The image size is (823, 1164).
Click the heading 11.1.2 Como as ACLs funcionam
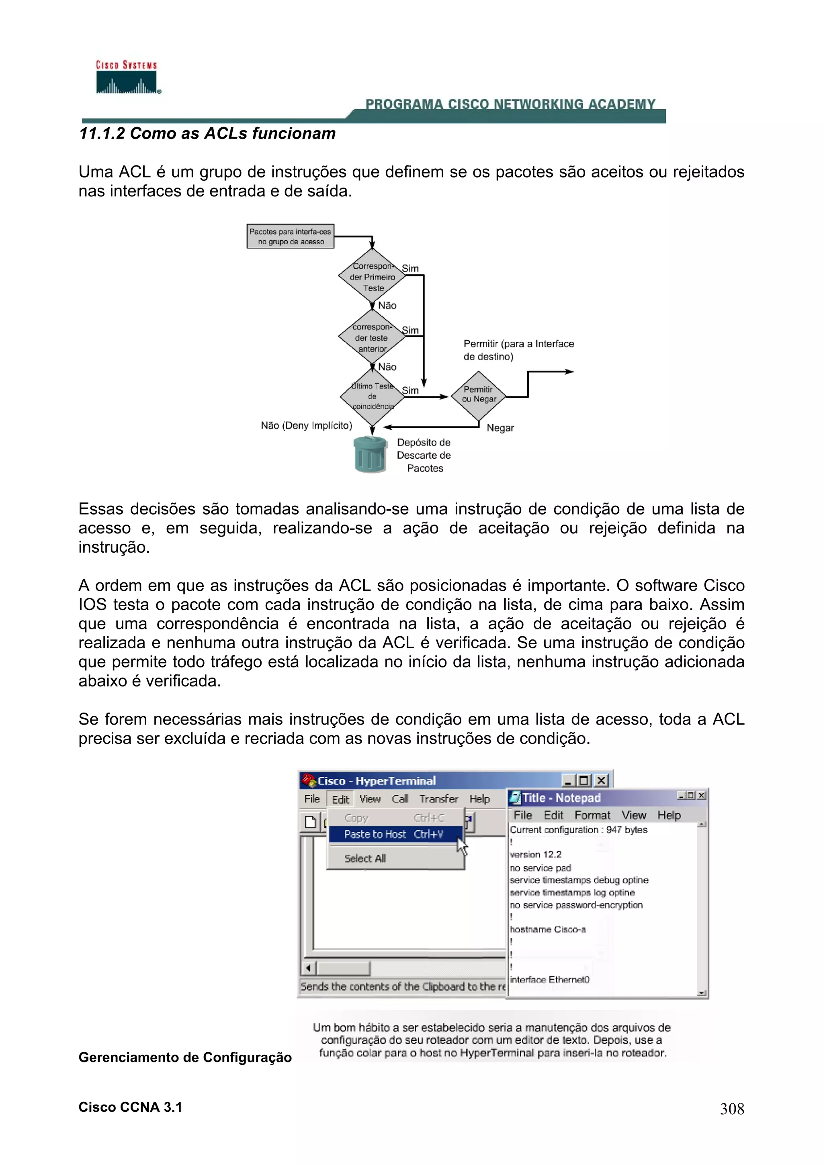pyautogui.click(x=207, y=133)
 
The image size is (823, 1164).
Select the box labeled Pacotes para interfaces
pyautogui.click(x=290, y=236)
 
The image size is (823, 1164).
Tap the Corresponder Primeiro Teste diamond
pyautogui.click(x=372, y=277)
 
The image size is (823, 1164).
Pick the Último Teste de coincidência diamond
pyautogui.click(x=372, y=396)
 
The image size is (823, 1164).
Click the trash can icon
pyautogui.click(x=370, y=455)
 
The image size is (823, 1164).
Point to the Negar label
pyautogui.click(x=500, y=428)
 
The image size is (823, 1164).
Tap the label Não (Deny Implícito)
pyautogui.click(x=306, y=425)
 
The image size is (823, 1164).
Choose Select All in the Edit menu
pyautogui.click(x=364, y=858)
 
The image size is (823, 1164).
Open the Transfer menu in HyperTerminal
pyautogui.click(x=438, y=799)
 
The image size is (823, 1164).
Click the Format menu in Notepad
pyautogui.click(x=592, y=815)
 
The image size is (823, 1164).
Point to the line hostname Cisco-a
pyautogui.click(x=548, y=929)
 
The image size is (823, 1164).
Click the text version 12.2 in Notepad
pyautogui.click(x=536, y=854)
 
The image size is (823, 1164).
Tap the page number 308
pyautogui.click(x=732, y=1109)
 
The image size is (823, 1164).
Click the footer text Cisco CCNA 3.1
pyautogui.click(x=130, y=1107)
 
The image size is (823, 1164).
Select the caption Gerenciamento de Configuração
pyautogui.click(x=185, y=1057)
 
